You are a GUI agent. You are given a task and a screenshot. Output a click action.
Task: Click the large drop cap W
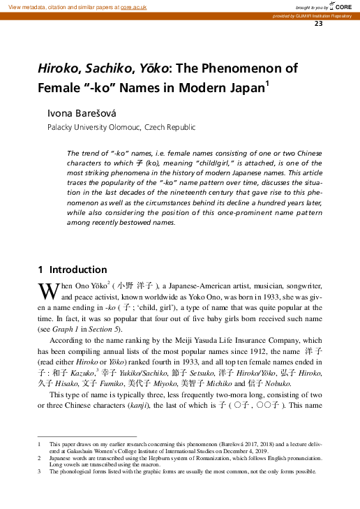coord(43,290)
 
